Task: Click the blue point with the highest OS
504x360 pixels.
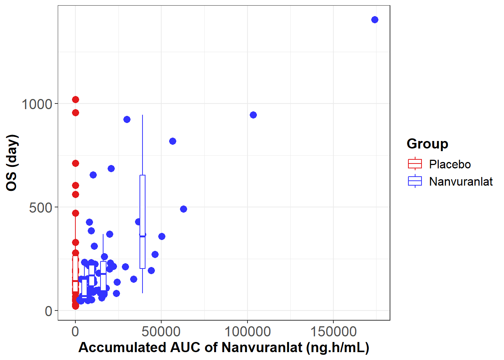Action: (375, 19)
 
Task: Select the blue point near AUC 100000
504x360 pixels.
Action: (253, 115)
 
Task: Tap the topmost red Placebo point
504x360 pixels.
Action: (75, 99)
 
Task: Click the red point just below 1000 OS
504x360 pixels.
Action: (75, 112)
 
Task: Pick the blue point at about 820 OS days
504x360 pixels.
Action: (172, 141)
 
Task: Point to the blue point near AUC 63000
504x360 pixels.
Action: (183, 209)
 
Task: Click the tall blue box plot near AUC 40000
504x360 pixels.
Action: (142, 221)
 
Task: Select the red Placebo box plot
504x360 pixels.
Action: (75, 274)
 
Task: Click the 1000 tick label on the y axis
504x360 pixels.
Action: (37, 104)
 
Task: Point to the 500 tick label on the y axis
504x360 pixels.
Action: (40, 207)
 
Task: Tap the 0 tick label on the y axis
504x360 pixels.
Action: (49, 311)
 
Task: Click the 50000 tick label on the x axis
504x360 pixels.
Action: (161, 331)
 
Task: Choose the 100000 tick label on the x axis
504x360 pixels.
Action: (247, 331)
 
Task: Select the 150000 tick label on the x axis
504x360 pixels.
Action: (333, 331)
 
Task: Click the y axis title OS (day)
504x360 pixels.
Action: (12, 163)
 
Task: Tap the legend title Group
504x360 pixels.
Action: (427, 144)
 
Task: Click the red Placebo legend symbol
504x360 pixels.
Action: (415, 164)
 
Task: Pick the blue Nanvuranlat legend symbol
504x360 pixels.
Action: (415, 181)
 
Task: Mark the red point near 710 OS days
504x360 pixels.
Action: (75, 163)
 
